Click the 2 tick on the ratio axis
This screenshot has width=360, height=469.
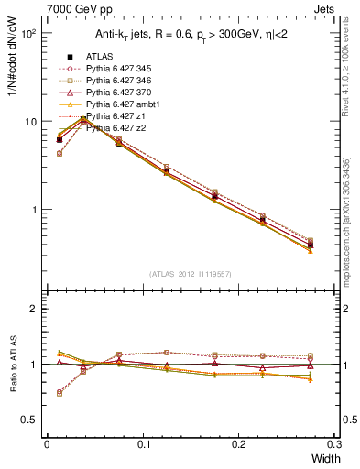point(38,309)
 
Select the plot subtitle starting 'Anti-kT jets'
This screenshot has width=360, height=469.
point(192,36)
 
